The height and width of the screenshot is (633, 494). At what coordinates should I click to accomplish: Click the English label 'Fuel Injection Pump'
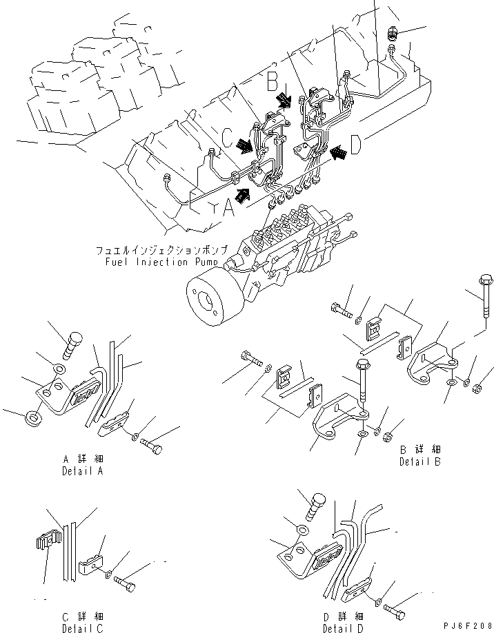(161, 262)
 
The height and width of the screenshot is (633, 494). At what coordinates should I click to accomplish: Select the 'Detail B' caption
(419, 461)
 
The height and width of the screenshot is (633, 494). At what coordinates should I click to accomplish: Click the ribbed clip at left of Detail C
(44, 544)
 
